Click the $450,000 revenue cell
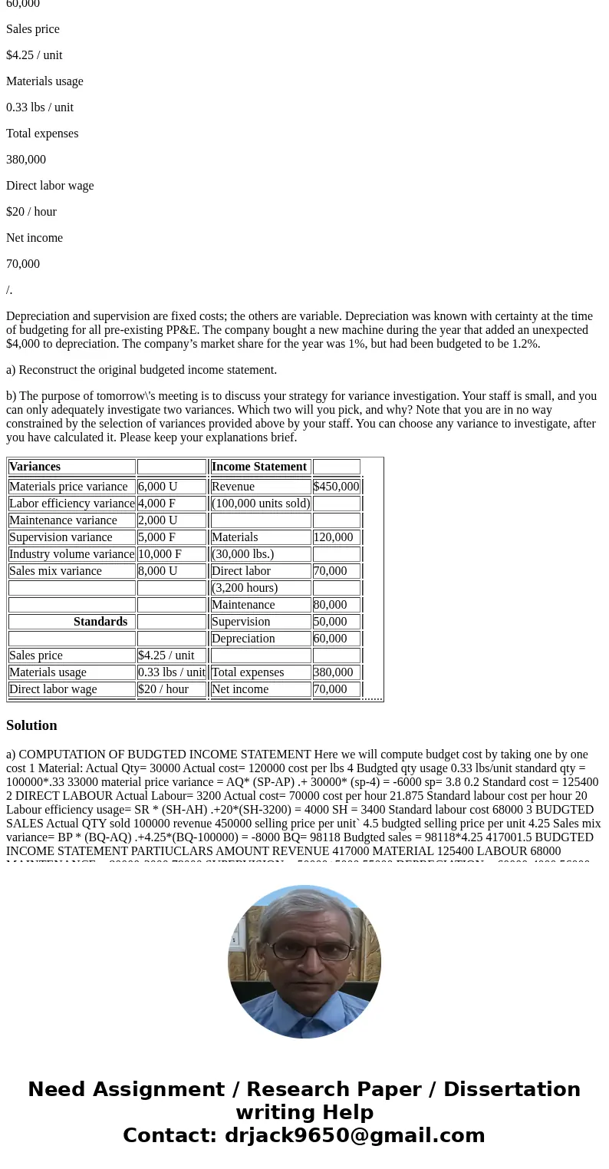coord(336,487)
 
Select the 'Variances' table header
coord(35,467)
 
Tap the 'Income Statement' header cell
coord(259,467)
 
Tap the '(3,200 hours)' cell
coord(245,588)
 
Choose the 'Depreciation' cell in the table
coord(243,639)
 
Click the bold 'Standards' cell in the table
coord(100,622)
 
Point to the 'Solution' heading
coord(31,725)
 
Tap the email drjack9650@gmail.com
coord(354,1135)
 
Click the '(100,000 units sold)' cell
coord(261,504)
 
